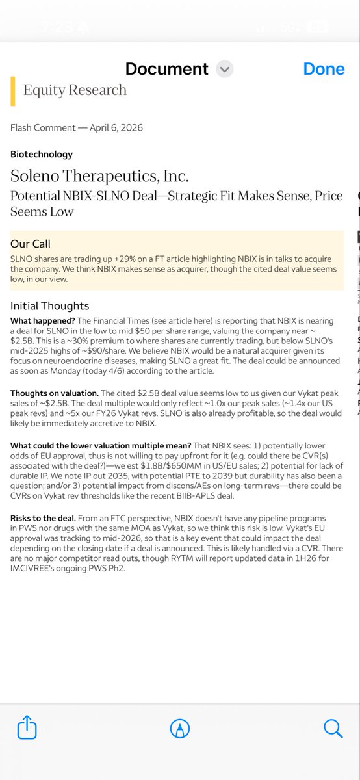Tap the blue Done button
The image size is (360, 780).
coord(324,69)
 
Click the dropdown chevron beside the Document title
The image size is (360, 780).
coord(224,70)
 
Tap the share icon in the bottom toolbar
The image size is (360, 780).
coord(27,727)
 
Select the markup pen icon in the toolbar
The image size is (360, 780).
coord(179,728)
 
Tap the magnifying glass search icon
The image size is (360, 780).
coord(333,728)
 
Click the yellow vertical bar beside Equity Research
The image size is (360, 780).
coord(13,90)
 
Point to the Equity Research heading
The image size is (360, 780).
coord(75,90)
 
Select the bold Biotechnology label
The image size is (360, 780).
coord(42,154)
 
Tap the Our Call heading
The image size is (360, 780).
coord(31,244)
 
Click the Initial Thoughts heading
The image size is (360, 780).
coord(49,305)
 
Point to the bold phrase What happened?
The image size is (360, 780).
coord(42,321)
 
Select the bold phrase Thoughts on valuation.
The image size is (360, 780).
coord(55,394)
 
